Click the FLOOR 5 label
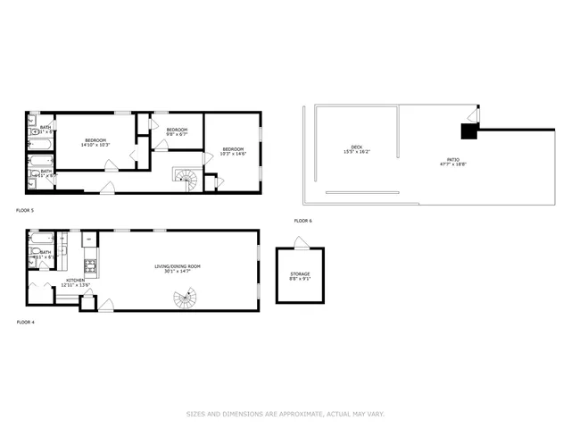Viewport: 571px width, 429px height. click(x=25, y=210)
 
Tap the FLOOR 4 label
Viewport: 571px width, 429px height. click(x=25, y=321)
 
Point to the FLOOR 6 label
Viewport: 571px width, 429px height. click(x=303, y=221)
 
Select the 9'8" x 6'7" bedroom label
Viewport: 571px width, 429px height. click(x=176, y=132)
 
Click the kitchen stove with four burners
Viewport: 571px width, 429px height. click(x=89, y=265)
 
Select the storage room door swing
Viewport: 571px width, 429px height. click(x=302, y=242)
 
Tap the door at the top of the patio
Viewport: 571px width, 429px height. click(x=474, y=116)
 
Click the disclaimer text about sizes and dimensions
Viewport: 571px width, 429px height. click(x=285, y=414)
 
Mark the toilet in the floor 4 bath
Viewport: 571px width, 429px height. click(x=43, y=265)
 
